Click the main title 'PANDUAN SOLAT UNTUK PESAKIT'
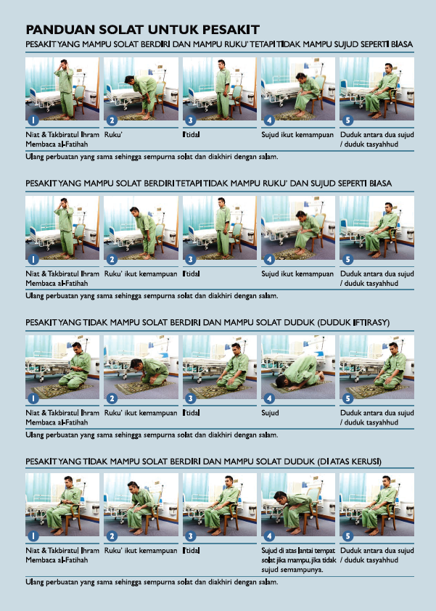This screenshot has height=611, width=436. tap(143, 30)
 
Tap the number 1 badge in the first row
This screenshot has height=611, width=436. tap(33, 120)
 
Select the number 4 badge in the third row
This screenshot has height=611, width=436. tap(269, 398)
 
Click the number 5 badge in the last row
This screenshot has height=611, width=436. tap(347, 536)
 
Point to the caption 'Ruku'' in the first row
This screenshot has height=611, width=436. tap(113, 134)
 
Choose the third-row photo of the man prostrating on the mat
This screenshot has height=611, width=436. tap(298, 366)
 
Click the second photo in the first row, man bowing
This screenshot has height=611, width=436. tap(141, 89)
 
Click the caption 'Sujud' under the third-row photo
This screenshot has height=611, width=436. tap(270, 413)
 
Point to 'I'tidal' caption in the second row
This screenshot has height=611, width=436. tap(192, 274)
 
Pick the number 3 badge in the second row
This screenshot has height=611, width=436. tap(190, 259)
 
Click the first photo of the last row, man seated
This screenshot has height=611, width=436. tap(62, 504)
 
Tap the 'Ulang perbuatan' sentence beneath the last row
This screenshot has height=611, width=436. tap(152, 582)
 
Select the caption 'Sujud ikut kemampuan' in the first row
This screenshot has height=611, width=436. tap(297, 135)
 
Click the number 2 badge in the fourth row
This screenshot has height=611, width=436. tap(112, 536)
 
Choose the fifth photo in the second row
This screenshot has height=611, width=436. tap(377, 228)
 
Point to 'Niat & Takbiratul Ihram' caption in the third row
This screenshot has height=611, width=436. tap(62, 413)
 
